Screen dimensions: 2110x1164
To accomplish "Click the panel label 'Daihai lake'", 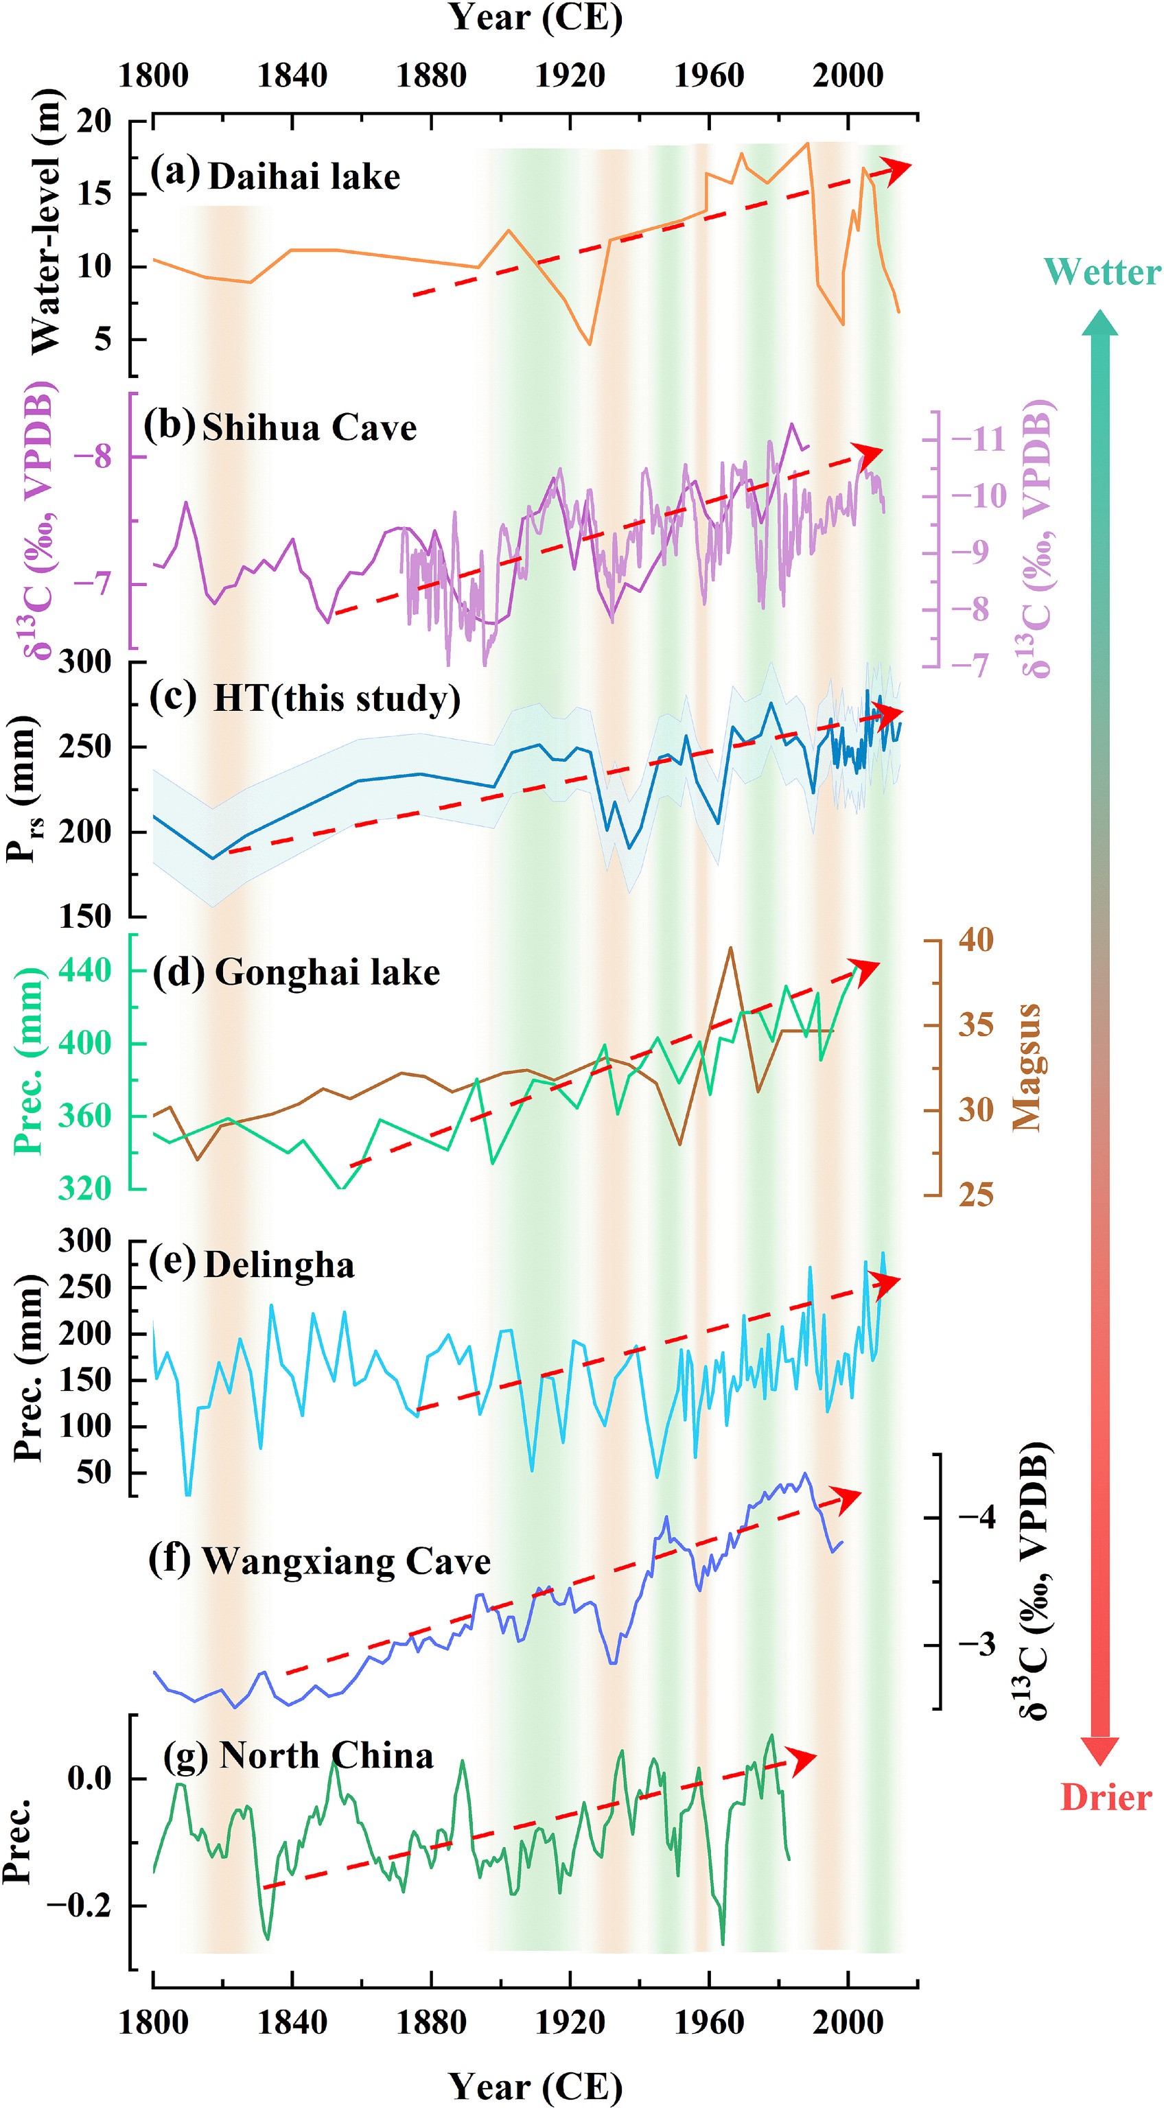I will point(304,177).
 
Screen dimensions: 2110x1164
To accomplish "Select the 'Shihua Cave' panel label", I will point(309,427).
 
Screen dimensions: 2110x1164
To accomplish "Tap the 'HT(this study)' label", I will point(336,699).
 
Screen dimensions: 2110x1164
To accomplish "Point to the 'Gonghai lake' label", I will point(327,972).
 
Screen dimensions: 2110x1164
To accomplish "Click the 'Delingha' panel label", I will point(279,1265).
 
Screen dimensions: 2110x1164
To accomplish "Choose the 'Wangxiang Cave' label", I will point(346,1561).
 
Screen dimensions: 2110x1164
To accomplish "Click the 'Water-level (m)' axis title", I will point(46,221).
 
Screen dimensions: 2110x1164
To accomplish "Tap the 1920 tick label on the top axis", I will point(570,76).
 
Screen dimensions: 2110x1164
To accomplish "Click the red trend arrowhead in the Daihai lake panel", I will point(898,168).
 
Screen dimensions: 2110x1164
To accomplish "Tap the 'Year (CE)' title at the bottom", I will point(536,2080).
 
